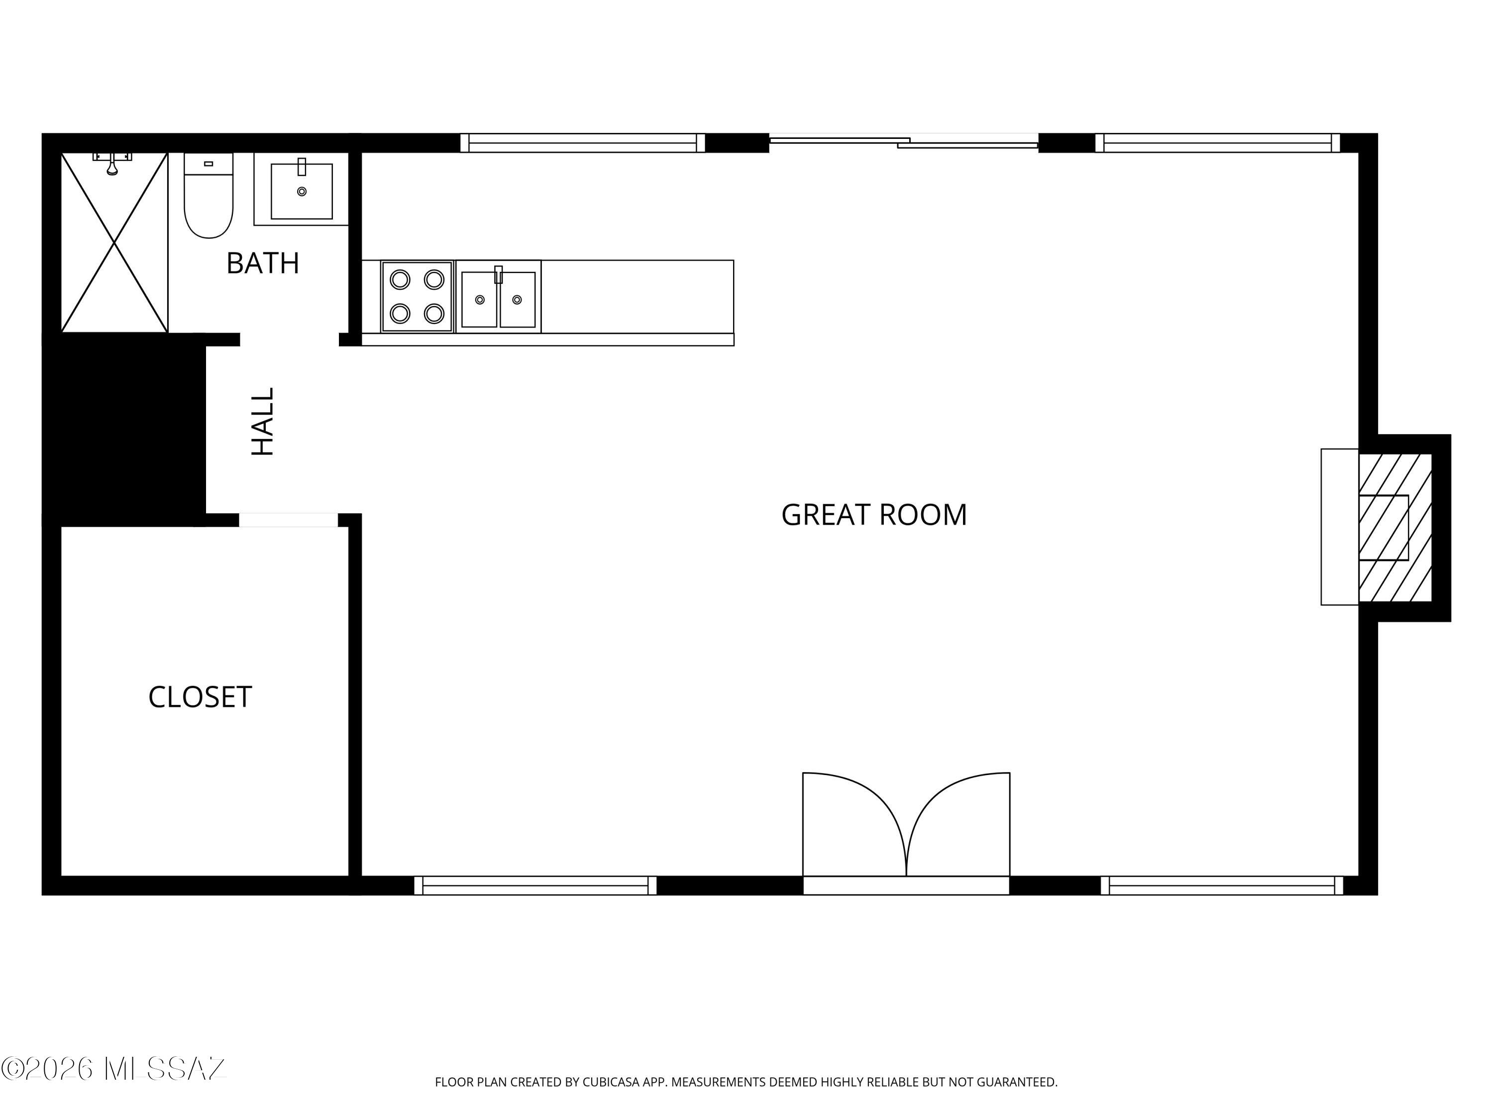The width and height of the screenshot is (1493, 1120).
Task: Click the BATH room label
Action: coord(263,263)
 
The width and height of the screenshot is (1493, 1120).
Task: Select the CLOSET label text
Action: coord(200,697)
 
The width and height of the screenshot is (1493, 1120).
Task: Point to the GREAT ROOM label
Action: coord(873,515)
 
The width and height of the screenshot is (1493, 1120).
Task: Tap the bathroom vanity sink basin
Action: coord(302,191)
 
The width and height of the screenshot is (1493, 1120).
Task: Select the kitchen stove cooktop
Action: coord(417,296)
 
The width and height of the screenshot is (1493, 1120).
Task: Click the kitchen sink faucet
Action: coord(498,275)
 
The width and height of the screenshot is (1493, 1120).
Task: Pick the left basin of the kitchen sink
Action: coord(479,300)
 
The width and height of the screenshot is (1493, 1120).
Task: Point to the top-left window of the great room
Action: coord(582,143)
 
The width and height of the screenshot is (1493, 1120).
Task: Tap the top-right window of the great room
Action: coord(1217,143)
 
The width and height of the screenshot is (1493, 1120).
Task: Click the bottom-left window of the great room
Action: coord(534,885)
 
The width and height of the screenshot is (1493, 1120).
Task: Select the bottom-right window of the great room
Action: coord(1222,885)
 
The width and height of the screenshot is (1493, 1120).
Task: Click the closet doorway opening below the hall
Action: coord(288,520)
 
